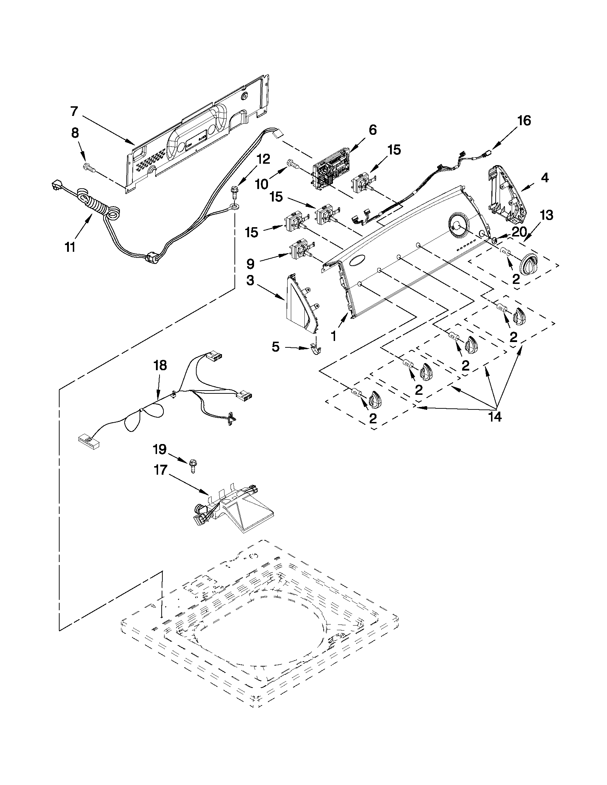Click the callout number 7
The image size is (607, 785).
coord(74,111)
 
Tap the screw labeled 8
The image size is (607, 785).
coord(88,167)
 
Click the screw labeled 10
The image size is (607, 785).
coord(293,165)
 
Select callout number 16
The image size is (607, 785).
coord(524,121)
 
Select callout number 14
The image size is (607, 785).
coord(495,417)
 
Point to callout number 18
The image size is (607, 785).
coord(160,366)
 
